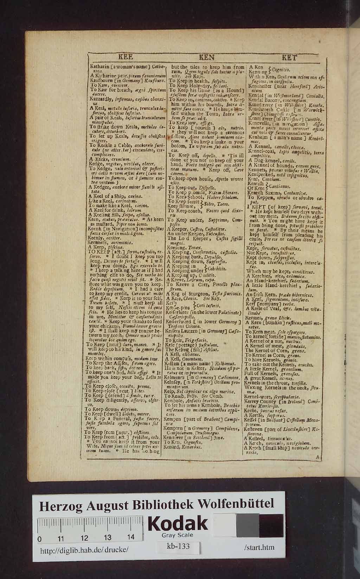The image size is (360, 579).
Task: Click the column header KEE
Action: tap(125, 58)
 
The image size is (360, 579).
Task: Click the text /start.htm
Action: tap(258, 547)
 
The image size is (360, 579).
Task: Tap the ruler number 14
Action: tap(131, 537)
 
